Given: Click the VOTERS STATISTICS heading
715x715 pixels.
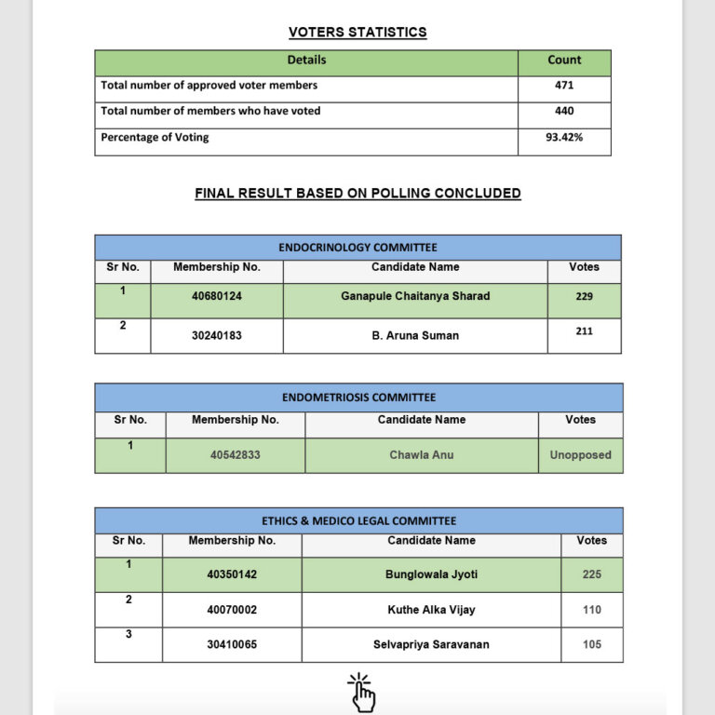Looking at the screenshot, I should coord(357,33).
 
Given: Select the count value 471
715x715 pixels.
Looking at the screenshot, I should coord(564,86).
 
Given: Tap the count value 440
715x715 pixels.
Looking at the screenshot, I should coord(564,111).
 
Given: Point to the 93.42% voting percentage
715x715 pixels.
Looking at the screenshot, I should coord(564,138).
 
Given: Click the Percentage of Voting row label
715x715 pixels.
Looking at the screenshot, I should coord(155,138).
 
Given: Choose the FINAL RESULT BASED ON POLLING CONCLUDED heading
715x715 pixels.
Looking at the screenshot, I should coord(357,194).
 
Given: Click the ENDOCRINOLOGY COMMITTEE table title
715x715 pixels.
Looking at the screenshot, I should coord(357,248).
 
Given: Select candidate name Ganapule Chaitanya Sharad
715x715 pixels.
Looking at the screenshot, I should coord(415,296).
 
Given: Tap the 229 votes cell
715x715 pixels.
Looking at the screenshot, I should coord(584,296).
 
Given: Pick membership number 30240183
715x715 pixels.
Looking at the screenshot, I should coord(217,335).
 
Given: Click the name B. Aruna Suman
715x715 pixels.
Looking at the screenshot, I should coord(415,335).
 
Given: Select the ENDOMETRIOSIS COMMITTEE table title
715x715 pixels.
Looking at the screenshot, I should coord(358,398).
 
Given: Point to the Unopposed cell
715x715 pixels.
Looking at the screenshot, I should coord(580,455).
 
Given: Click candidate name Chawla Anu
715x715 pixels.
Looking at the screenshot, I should coord(422,455).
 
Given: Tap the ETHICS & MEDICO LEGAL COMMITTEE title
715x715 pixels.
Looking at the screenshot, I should coord(358,521).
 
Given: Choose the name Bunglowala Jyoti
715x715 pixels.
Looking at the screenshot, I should coord(431,574).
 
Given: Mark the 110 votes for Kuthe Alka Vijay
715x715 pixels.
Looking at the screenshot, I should coord(592,610).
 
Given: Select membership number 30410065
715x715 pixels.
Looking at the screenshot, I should coord(232,644).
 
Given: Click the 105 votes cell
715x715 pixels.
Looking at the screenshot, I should coord(592,644).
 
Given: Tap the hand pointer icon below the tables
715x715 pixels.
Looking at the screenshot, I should coord(361,694).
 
